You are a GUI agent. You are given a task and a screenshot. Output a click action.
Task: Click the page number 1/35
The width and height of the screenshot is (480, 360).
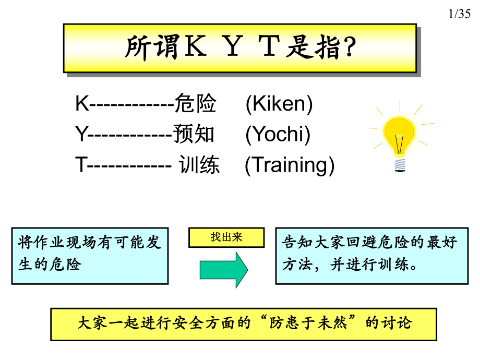point(459,15)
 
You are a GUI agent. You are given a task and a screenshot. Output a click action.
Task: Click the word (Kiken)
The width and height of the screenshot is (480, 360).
point(279,104)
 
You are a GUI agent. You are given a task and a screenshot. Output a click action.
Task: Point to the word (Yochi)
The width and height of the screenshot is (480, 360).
point(278,135)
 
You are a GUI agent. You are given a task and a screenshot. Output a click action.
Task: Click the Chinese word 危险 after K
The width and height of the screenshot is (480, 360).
point(195,104)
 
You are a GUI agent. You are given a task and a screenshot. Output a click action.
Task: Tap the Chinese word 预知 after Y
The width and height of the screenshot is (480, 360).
point(194,135)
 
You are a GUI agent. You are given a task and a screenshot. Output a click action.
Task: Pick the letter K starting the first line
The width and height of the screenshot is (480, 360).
point(81,104)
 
